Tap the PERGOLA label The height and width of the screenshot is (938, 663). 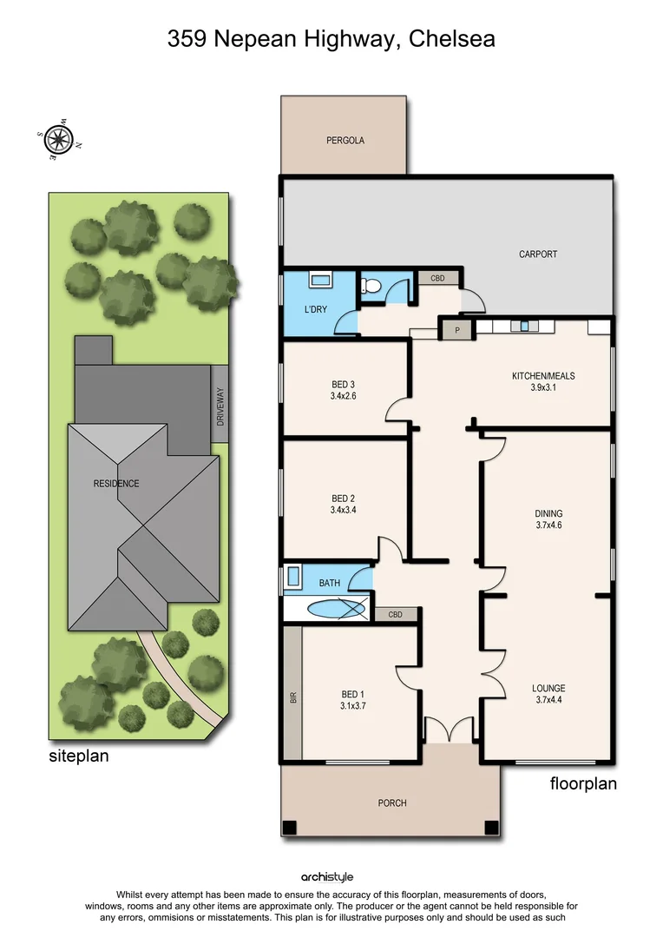pos(345,140)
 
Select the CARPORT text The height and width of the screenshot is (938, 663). pos(538,254)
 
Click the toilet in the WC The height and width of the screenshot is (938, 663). pos(371,286)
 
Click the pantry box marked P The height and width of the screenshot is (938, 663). pos(456,330)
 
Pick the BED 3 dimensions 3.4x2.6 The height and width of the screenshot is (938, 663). pos(343,396)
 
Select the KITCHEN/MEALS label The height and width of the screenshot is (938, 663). pos(543,376)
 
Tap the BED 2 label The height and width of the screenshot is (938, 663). pos(344,499)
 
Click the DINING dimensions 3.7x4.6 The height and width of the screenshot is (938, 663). pos(548,525)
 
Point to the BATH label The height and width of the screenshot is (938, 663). pos(329,583)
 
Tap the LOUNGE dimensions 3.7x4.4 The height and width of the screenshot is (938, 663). pos(548,700)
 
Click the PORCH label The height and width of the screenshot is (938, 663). pos(392,803)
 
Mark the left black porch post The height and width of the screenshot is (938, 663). pos(290,827)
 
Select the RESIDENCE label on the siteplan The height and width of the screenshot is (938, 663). pos(116,484)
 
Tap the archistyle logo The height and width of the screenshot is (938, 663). pos(327,877)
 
